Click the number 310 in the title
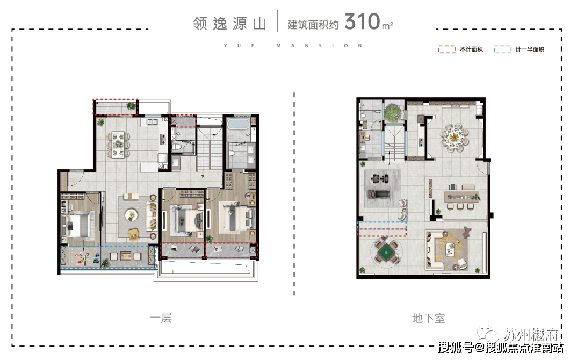coord(362,21)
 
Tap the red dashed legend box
coord(447,49)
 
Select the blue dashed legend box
coord(502,49)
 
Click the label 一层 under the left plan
coord(161,318)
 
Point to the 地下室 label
coord(429,318)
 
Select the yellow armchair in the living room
coord(134,234)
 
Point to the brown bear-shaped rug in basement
coord(466,232)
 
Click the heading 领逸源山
coord(229,24)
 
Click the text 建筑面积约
coord(313,25)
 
